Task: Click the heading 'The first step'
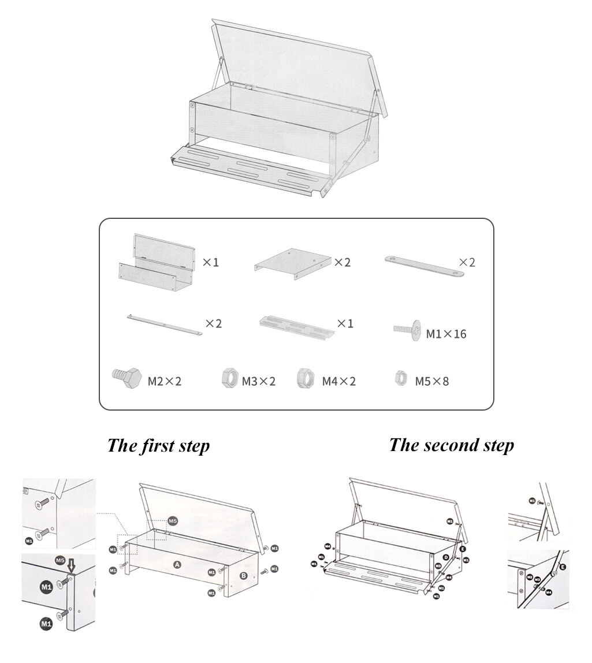(158, 446)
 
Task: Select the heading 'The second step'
(451, 445)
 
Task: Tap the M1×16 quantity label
(446, 334)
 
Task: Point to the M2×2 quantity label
(165, 381)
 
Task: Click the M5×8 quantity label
(432, 381)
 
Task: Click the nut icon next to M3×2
(229, 379)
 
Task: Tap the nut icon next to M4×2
(305, 379)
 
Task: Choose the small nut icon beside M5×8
(400, 378)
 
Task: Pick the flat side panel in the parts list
(293, 263)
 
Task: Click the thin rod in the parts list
(164, 325)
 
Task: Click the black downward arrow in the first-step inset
(71, 563)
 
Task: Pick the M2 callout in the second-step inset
(530, 577)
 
